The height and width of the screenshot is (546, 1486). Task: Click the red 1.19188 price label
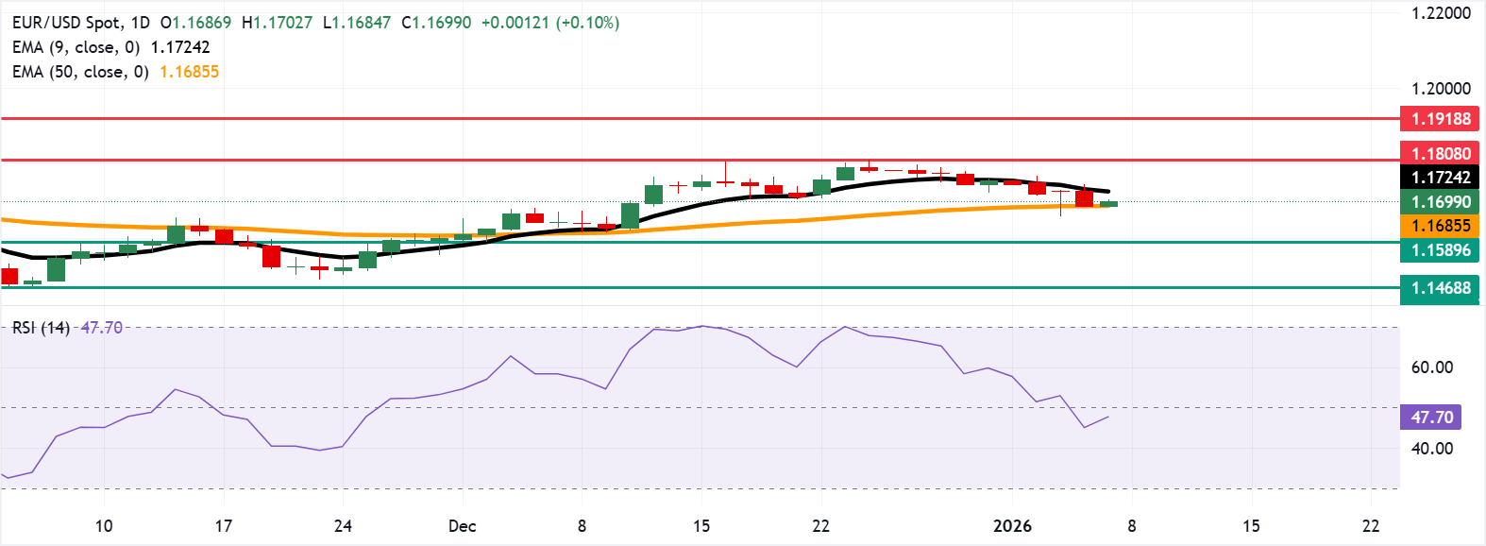tap(1440, 119)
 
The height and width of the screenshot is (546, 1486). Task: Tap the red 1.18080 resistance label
tap(1440, 153)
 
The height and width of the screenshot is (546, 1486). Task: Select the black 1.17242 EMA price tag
tap(1440, 178)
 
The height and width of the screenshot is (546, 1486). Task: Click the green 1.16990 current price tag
tap(1440, 202)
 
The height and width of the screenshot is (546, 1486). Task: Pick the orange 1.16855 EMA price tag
tap(1440, 226)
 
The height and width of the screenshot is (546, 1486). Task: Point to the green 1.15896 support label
tap(1440, 250)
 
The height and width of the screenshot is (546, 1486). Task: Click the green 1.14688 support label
tap(1440, 288)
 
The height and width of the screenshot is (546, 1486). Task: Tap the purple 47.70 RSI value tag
tap(1431, 418)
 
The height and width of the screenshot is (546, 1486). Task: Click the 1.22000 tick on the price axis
tap(1441, 13)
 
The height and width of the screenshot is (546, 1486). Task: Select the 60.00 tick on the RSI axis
tap(1431, 367)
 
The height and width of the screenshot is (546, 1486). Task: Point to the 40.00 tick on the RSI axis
tap(1431, 449)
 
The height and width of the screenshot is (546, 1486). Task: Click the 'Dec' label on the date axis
tap(462, 526)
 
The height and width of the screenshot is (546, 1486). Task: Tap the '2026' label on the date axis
tap(1012, 526)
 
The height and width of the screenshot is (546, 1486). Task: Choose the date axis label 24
tap(343, 526)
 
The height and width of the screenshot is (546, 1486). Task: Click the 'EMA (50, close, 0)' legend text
tap(80, 72)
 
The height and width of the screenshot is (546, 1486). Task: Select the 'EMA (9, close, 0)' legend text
tap(76, 47)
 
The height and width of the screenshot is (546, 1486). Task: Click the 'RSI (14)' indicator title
tap(41, 328)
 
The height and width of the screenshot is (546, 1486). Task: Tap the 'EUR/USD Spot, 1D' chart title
tap(80, 23)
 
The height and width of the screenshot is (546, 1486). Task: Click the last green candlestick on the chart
tap(1108, 204)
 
